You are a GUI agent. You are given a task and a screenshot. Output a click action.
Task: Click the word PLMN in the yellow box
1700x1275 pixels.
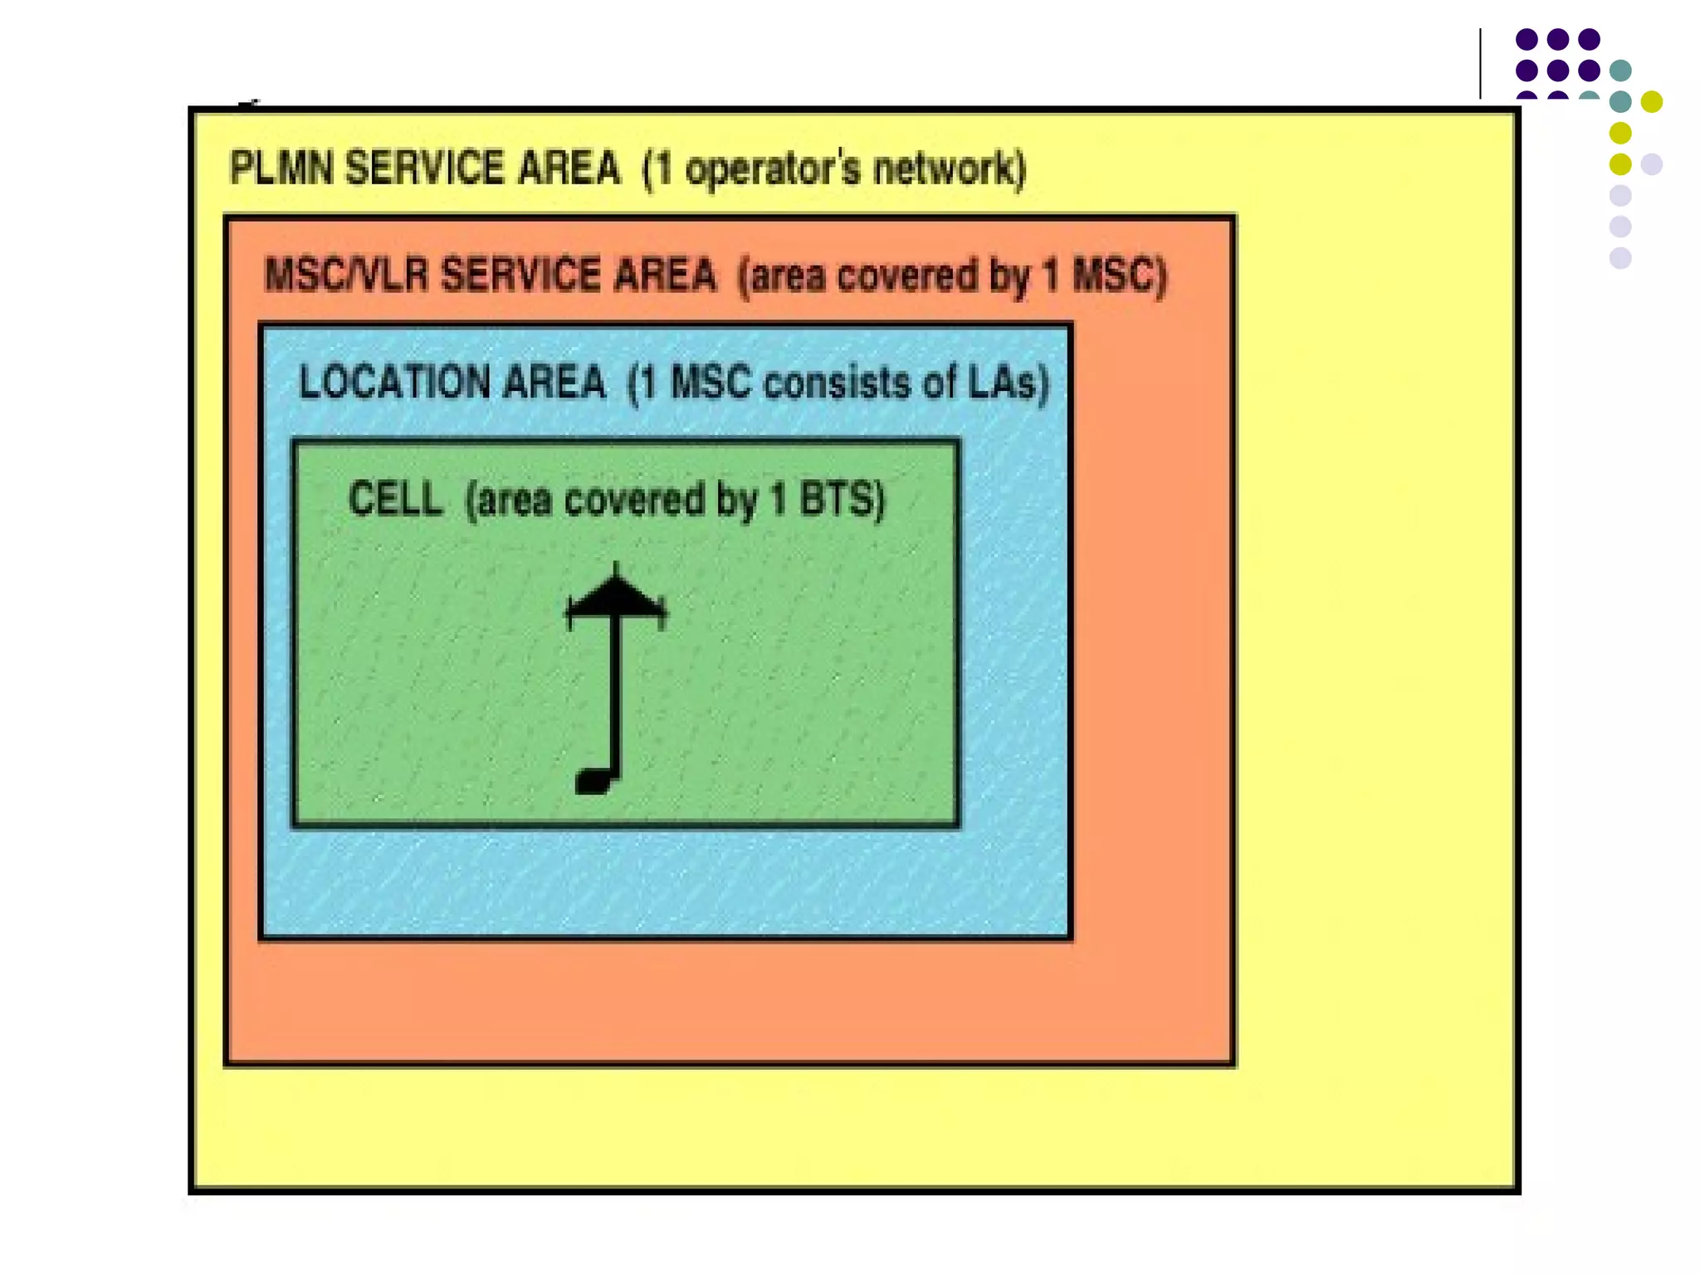(281, 169)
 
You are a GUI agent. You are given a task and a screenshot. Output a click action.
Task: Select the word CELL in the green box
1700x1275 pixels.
(395, 499)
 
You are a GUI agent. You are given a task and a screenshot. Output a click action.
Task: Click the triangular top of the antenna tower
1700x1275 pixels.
(615, 596)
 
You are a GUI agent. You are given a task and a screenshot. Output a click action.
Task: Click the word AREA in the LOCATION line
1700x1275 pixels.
(554, 383)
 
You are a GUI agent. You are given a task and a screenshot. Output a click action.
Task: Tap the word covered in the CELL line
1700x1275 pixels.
(635, 500)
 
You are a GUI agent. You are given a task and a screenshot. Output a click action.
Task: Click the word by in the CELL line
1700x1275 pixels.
(740, 501)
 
